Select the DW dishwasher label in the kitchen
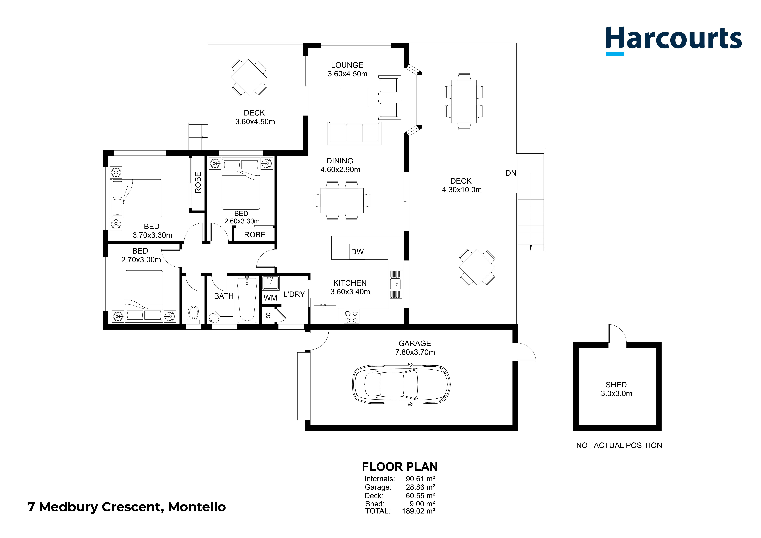(357, 252)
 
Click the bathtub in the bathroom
(247, 300)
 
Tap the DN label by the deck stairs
(511, 173)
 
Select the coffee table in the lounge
(354, 97)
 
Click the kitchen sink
(396, 284)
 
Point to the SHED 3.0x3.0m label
(617, 389)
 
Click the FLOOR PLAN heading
(400, 467)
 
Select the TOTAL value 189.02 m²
(418, 511)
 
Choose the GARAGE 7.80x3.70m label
(415, 348)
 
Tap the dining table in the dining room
(342, 201)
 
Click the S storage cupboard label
(268, 316)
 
